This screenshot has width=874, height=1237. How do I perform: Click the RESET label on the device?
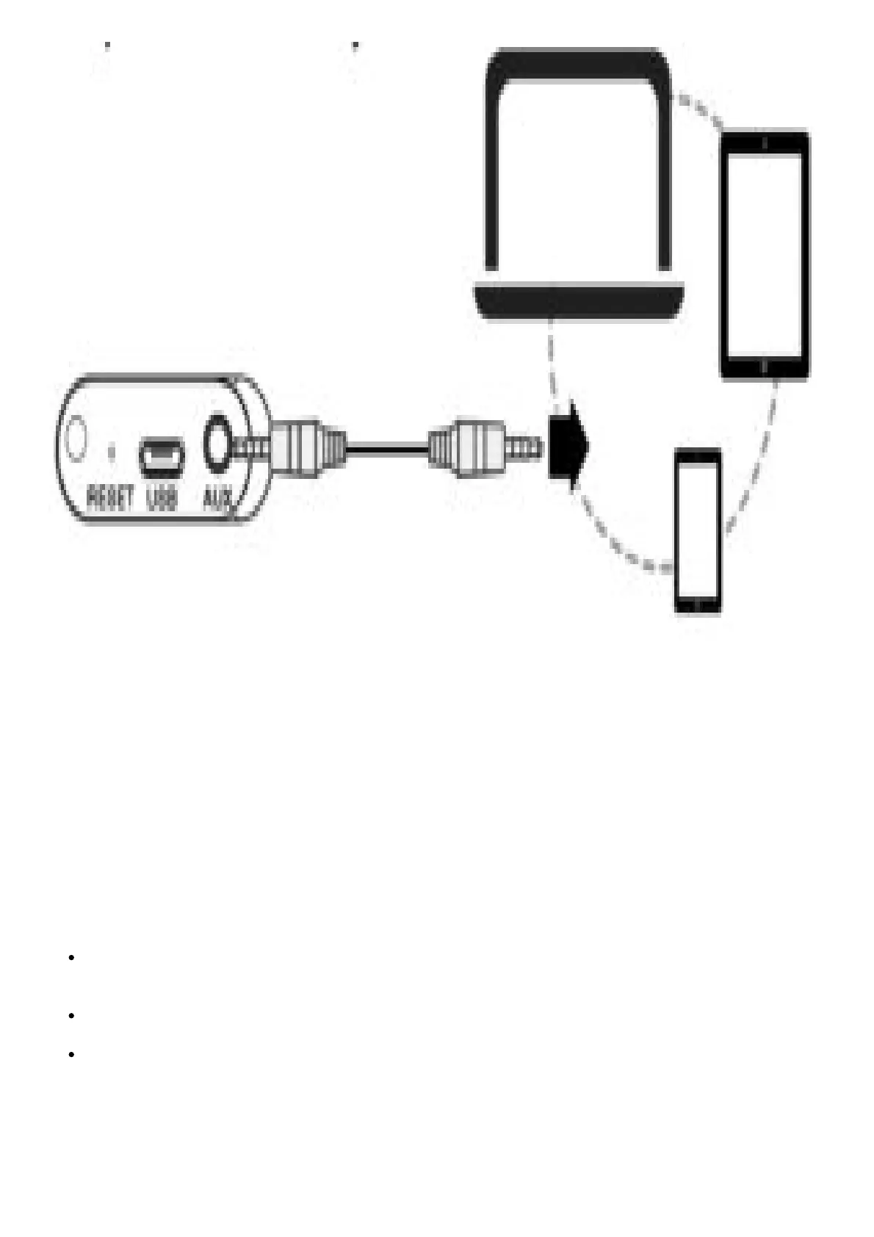click(x=110, y=498)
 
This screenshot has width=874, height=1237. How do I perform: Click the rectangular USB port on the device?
click(x=162, y=456)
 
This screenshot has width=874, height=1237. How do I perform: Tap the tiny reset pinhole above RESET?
click(x=112, y=451)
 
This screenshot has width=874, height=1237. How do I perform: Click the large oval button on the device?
click(x=75, y=439)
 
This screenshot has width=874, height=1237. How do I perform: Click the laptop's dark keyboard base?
click(x=580, y=301)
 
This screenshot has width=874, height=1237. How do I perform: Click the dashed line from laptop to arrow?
click(x=551, y=360)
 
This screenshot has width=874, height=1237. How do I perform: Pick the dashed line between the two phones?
click(x=756, y=455)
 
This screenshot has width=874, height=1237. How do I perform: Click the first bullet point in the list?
click(x=71, y=958)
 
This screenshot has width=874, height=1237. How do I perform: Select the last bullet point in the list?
click(x=71, y=1055)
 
